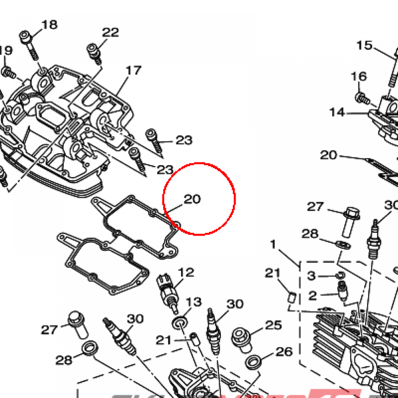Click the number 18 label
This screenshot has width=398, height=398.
49,24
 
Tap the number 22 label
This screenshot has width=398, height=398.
110,32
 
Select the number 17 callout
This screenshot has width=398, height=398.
133,70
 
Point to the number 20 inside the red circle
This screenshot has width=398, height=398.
192,199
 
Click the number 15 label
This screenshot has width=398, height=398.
365,45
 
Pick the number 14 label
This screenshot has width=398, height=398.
337,112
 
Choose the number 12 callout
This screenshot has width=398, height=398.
186,272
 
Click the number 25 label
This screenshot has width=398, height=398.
273,325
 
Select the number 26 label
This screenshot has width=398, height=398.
284,352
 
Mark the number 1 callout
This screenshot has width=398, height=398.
273,244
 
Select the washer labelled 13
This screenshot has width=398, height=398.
180,322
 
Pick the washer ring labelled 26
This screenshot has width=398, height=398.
253,361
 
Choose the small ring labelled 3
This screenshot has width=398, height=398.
340,276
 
